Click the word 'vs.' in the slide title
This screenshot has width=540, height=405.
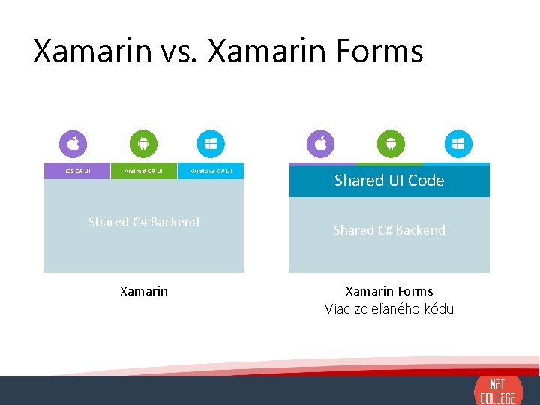[181, 52]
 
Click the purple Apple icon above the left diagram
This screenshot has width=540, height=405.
[73, 143]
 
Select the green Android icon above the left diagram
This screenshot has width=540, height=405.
[143, 143]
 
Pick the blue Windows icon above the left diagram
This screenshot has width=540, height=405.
[211, 143]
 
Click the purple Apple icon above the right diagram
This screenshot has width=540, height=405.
[321, 143]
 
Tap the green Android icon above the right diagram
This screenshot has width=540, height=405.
[390, 143]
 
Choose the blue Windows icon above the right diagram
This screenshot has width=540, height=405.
[457, 143]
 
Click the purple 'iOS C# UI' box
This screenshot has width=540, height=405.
[77, 171]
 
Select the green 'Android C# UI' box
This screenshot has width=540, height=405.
[143, 171]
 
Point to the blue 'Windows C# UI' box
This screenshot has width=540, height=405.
[211, 171]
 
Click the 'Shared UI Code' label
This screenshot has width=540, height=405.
[389, 181]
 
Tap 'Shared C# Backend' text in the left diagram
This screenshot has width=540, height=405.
[144, 222]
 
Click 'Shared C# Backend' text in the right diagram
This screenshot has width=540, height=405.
[389, 230]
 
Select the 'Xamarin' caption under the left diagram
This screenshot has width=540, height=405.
[144, 291]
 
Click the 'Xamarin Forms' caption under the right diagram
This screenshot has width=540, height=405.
[389, 291]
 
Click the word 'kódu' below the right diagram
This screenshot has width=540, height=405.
[439, 309]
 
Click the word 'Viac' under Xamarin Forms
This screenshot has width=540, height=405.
[337, 309]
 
